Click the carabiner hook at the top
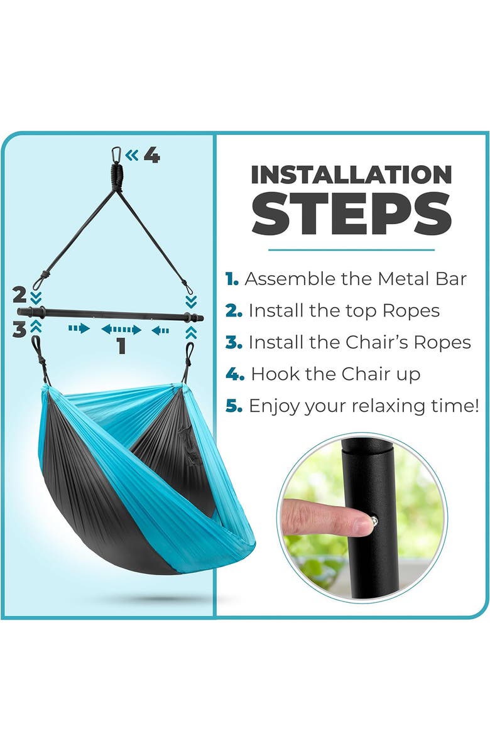coord(116,154)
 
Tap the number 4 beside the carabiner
coord(151,154)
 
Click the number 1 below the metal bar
coord(121,345)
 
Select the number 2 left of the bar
coord(19,294)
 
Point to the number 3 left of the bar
coord(19,329)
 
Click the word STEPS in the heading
coord(351,213)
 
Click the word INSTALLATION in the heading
coord(351,175)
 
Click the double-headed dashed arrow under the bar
coord(121,329)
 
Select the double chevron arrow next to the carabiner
coord(131,154)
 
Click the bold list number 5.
coord(234,406)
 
